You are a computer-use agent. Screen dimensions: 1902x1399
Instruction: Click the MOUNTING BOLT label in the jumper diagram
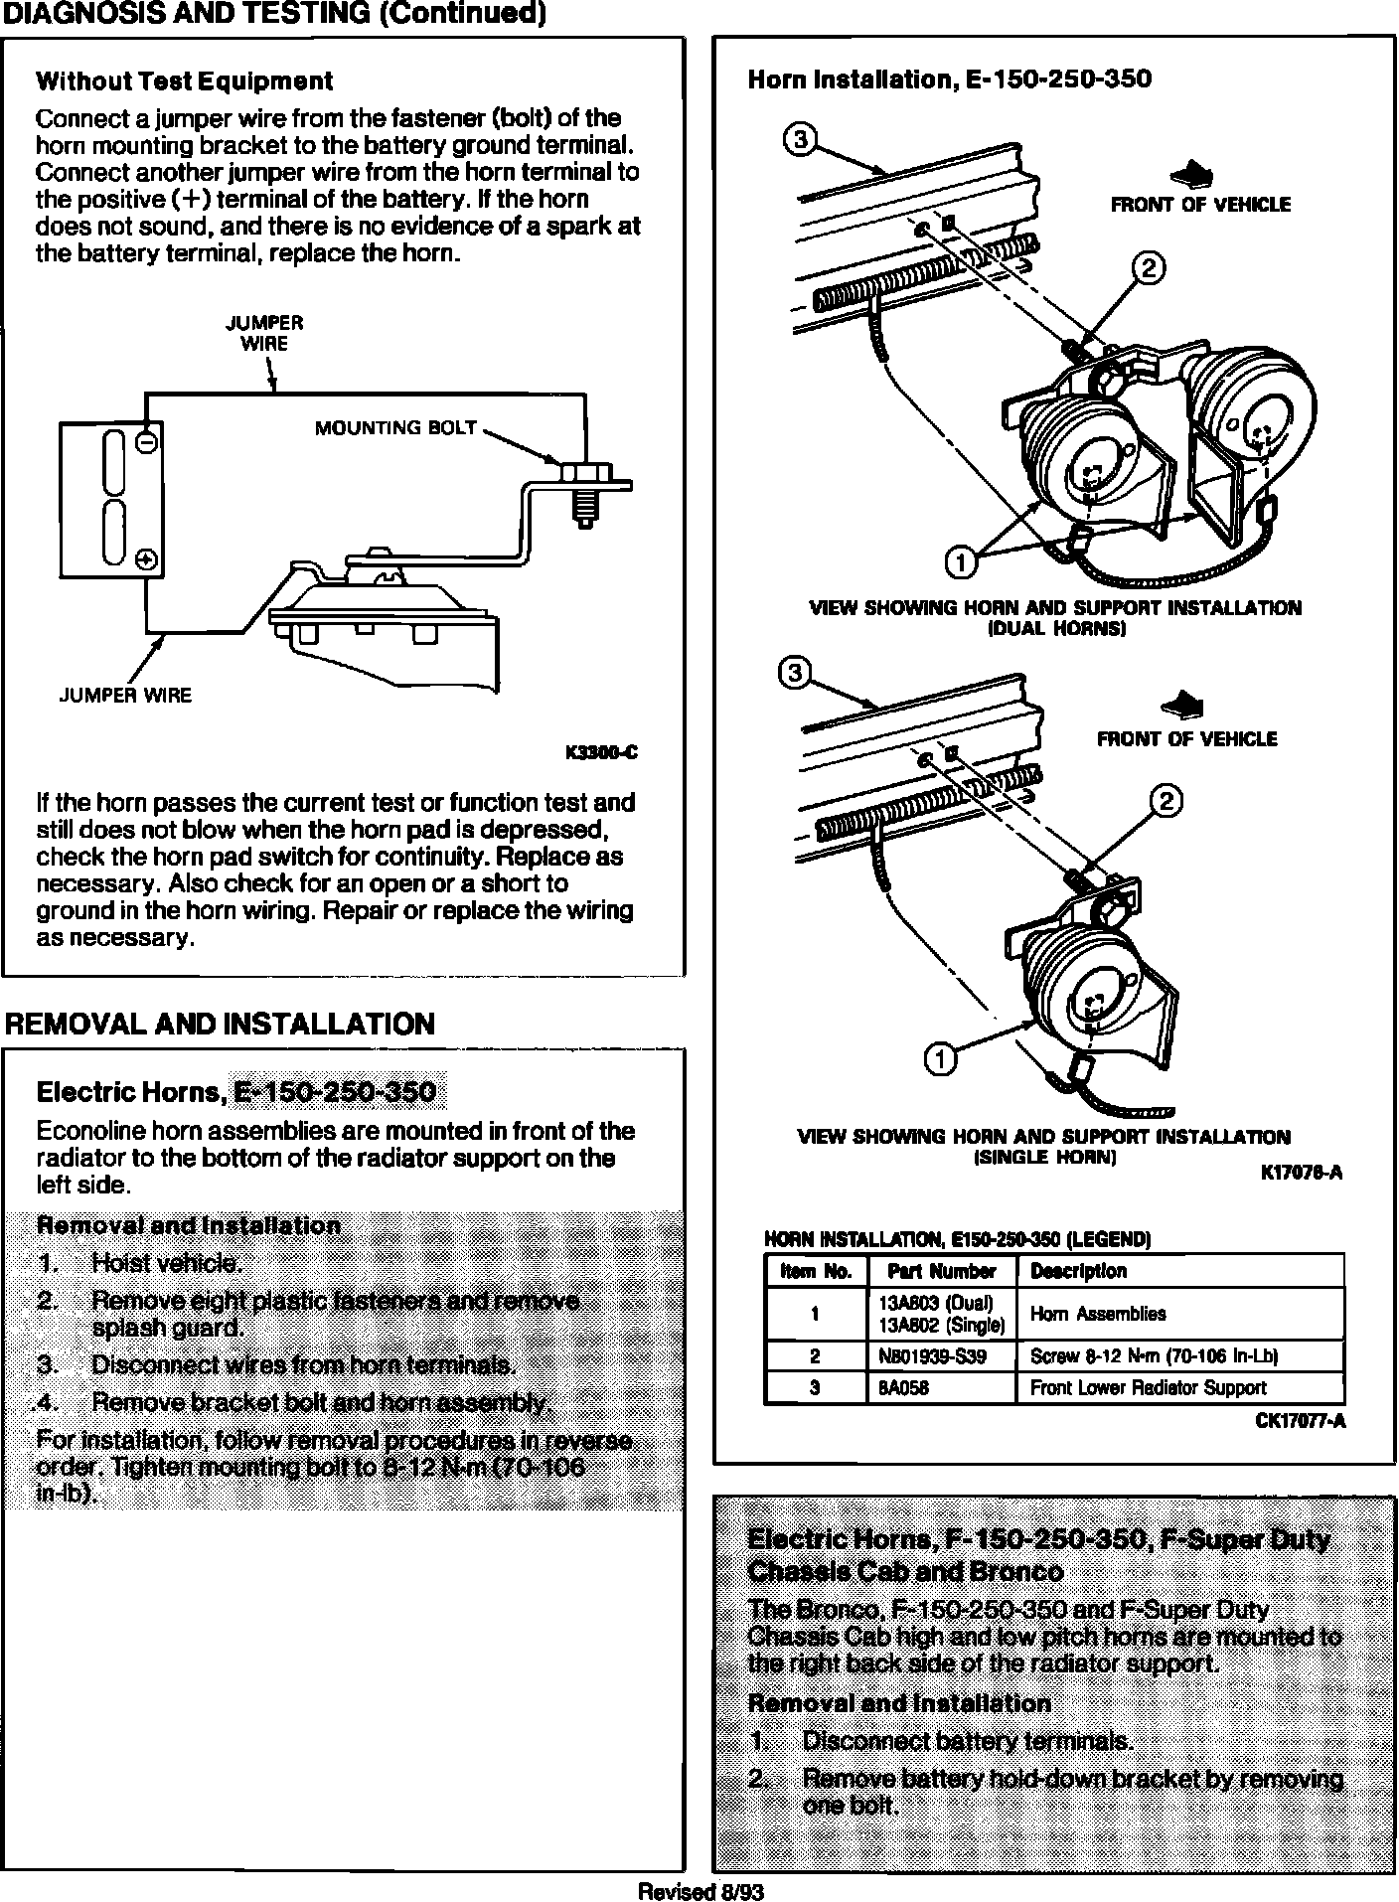point(396,428)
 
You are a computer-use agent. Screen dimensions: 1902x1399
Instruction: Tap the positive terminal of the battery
point(146,559)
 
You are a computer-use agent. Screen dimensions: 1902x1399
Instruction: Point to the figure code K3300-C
point(601,753)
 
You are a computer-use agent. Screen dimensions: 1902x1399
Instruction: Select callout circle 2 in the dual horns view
point(1150,268)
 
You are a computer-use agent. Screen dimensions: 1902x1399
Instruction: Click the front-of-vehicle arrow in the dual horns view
point(1192,177)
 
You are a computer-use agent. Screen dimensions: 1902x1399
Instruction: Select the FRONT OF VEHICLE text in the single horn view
point(1186,739)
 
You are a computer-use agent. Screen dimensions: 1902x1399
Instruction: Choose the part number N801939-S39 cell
point(933,1356)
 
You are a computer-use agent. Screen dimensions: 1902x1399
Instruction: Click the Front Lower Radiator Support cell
point(1148,1388)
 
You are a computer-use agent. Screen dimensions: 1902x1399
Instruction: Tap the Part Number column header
point(940,1271)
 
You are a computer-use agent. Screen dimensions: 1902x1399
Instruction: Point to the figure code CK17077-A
point(1301,1421)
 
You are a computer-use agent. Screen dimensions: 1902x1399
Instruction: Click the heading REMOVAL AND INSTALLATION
point(221,1025)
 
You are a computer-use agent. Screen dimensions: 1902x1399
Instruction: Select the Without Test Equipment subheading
point(184,81)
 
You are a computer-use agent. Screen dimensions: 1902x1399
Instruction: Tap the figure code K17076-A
point(1302,1173)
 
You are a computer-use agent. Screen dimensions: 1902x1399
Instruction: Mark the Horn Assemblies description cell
point(1098,1314)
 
